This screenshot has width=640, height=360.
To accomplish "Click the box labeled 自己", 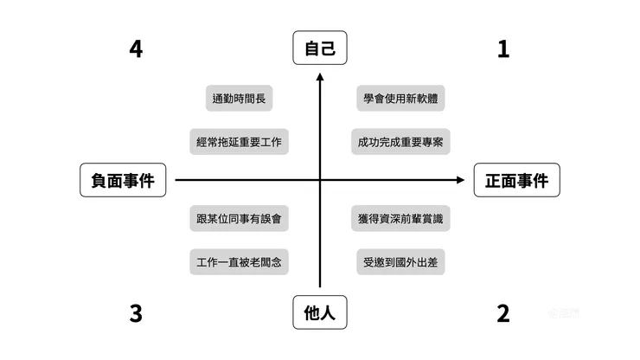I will (x=319, y=49).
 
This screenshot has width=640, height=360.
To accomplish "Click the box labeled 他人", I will (x=319, y=313).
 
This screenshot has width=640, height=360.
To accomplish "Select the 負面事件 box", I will (x=122, y=180).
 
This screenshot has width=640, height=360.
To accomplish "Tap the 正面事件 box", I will (x=516, y=180).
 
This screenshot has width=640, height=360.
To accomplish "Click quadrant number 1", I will (x=503, y=49).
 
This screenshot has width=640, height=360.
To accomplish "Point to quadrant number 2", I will (x=503, y=313).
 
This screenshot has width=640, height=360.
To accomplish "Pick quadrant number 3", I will (x=136, y=313).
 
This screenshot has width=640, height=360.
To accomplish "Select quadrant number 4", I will (x=136, y=49).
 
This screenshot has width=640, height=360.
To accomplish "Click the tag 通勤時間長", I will (x=240, y=98).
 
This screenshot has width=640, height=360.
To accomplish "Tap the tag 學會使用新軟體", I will (x=400, y=98).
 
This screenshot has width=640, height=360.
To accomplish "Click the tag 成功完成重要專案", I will (x=400, y=141).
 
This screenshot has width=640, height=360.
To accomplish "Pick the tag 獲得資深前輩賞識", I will (x=400, y=218).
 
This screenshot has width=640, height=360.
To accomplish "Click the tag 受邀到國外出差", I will (x=400, y=261).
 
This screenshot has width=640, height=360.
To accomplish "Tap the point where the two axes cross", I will (x=320, y=180).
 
